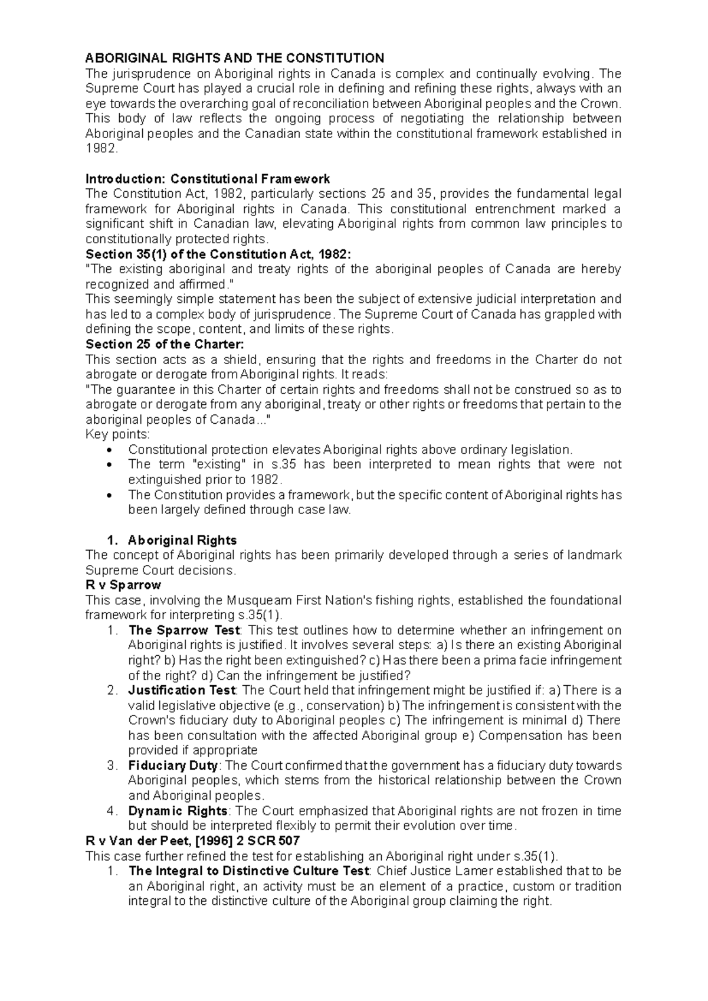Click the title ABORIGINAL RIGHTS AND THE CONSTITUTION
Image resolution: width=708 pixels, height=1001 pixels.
pyautogui.click(x=235, y=58)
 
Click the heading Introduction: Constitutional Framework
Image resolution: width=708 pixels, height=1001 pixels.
pyautogui.click(x=208, y=179)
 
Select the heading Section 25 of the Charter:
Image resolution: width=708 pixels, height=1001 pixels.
pyautogui.click(x=165, y=344)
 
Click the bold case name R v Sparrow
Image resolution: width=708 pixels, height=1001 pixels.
pyautogui.click(x=123, y=585)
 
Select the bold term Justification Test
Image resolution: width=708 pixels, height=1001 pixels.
pyautogui.click(x=182, y=690)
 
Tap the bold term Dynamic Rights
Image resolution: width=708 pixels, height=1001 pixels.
pyautogui.click(x=178, y=810)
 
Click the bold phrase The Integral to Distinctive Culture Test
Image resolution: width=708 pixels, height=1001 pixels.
pyautogui.click(x=249, y=871)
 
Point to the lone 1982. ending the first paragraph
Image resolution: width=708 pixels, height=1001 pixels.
pyautogui.click(x=101, y=149)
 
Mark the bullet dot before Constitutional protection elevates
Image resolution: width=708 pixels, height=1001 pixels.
pyautogui.click(x=112, y=450)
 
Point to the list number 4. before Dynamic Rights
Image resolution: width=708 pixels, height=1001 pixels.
pyautogui.click(x=113, y=810)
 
